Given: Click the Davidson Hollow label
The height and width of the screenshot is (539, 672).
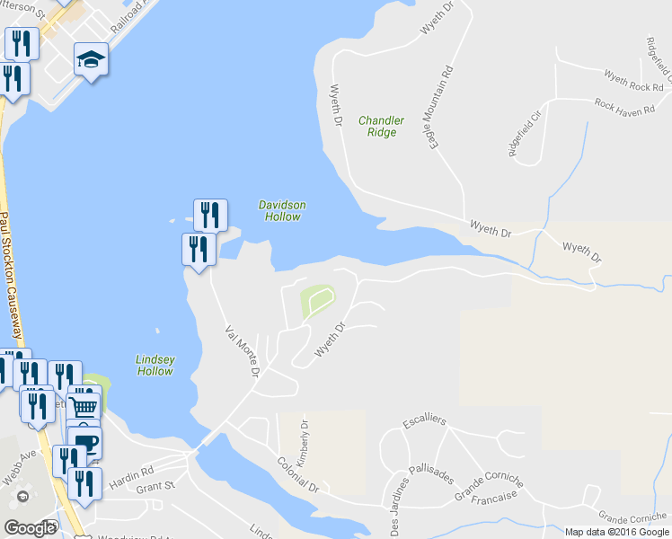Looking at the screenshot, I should (282, 210).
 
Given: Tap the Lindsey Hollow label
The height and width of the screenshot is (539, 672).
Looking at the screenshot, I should (155, 365).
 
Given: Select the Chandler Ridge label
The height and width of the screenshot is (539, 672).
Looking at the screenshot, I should (381, 126).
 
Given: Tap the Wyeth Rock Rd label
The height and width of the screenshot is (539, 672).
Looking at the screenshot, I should (633, 82).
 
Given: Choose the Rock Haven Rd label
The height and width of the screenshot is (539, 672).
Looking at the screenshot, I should (629, 103).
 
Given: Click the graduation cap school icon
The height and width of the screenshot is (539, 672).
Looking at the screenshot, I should (91, 60).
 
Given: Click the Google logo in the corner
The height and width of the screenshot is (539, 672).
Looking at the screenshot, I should (30, 528).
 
